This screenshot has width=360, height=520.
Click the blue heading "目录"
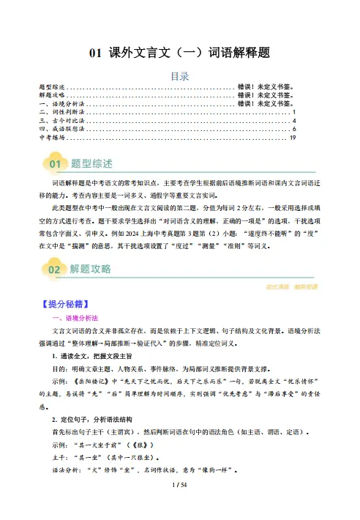pyautogui.click(x=179, y=75)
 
